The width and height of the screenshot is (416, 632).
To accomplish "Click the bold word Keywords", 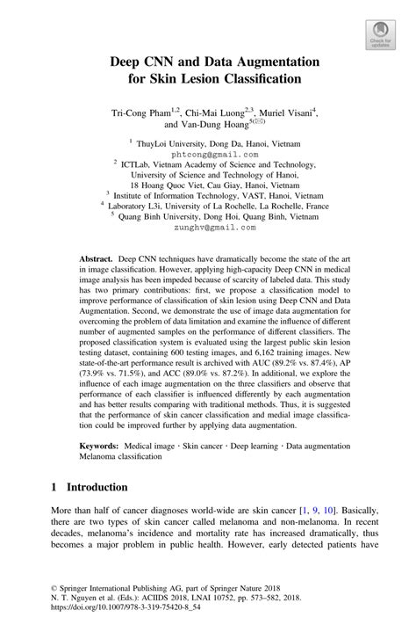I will pos(100,447).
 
